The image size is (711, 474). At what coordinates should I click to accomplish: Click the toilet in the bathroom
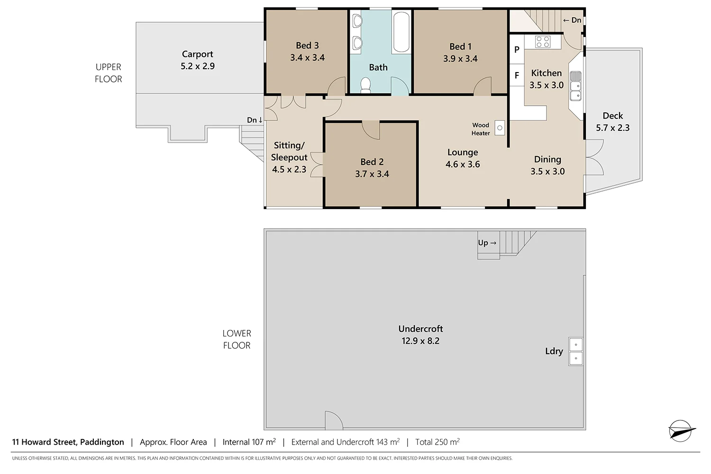tap(365, 85)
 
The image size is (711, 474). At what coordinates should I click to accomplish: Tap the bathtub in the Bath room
tap(401, 32)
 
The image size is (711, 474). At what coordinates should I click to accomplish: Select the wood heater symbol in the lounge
tap(500, 128)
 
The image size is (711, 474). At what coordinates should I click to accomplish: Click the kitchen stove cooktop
tap(543, 42)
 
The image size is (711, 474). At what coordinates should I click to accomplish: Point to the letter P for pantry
tap(517, 49)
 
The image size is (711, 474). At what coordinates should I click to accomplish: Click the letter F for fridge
tap(517, 75)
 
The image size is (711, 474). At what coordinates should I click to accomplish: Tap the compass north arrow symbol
tap(681, 431)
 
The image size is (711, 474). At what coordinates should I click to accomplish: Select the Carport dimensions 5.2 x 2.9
tap(198, 66)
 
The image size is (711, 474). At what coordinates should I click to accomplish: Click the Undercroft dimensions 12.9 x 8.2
tap(420, 341)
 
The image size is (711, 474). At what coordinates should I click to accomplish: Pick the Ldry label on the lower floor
tap(554, 351)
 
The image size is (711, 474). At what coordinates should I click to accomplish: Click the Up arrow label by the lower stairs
tap(487, 243)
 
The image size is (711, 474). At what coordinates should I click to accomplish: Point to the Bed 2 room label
tap(372, 162)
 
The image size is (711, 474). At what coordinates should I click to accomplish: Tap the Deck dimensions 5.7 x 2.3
tap(612, 128)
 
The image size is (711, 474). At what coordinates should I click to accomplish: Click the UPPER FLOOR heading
tap(109, 73)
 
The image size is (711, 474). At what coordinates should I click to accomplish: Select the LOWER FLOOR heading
tap(237, 339)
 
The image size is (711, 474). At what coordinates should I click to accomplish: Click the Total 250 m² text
tap(437, 442)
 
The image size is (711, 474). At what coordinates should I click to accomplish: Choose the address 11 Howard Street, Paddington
tap(68, 442)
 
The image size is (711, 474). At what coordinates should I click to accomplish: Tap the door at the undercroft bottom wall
tap(334, 421)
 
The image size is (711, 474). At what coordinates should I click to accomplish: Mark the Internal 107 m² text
tap(249, 442)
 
